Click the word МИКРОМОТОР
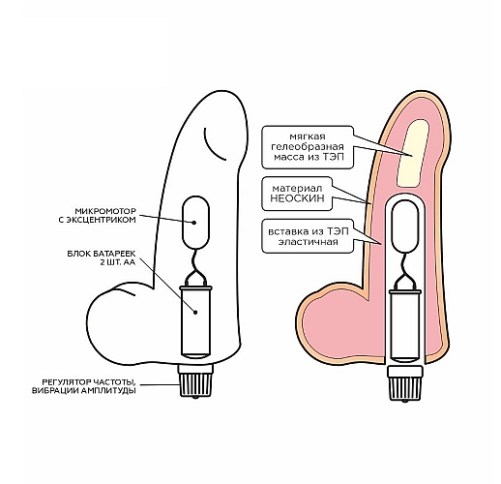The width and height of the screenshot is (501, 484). pos(105,211)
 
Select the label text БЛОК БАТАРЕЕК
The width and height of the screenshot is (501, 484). pos(102,254)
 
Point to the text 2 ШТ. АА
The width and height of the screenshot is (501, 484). pos(118,262)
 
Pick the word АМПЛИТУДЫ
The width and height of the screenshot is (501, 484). pos(108,391)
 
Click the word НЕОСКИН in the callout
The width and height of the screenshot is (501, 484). pos(297,198)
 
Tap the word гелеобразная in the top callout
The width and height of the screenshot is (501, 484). pos(308,147)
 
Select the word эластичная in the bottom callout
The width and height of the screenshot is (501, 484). pos(308,242)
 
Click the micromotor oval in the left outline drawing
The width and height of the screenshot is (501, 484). pos(195,223)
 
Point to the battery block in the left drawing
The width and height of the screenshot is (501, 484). pos(195,321)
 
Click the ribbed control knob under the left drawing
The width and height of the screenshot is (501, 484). pos(195,380)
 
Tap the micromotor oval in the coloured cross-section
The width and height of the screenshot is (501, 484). pos(404,227)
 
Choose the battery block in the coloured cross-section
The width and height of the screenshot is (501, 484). pos(405,325)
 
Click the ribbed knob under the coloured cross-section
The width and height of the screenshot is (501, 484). pos(405,384)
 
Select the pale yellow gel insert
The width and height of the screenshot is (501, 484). pos(413,153)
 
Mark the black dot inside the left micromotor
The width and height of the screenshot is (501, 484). pos(194,223)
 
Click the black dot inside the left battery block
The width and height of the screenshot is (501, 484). pos(195,312)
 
